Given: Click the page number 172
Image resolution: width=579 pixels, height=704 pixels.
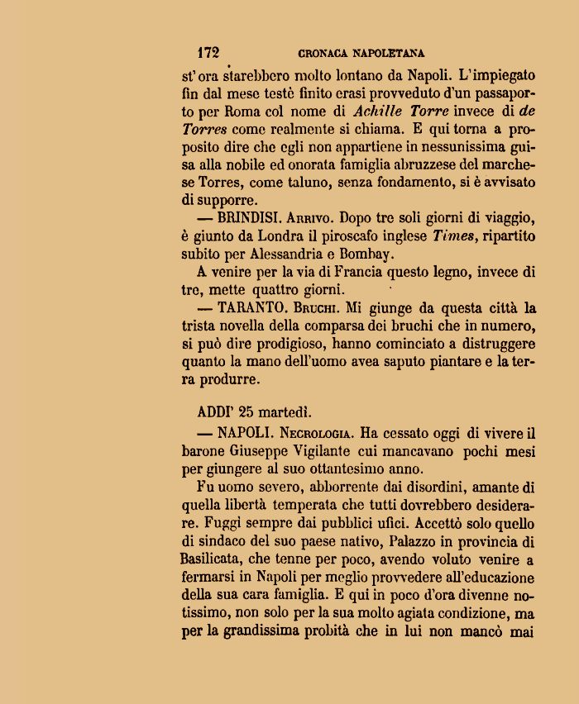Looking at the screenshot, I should click(208, 54).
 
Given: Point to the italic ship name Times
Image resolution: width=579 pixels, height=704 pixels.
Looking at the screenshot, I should click(453, 236).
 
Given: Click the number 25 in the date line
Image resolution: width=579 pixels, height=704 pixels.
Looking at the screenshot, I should click(246, 411).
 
